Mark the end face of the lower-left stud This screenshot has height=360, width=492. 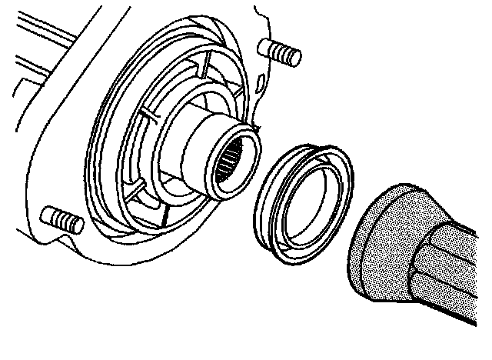click(x=76, y=224)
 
